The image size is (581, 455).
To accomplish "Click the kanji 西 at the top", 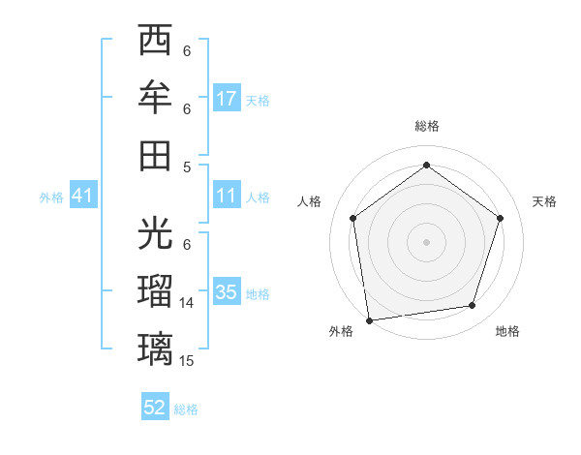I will pyautogui.click(x=155, y=42).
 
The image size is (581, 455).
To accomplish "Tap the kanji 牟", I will pyautogui.click(x=155, y=98).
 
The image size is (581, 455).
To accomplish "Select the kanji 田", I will pyautogui.click(x=155, y=155).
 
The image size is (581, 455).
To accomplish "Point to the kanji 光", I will pyautogui.click(x=155, y=233).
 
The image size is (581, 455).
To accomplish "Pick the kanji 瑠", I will pyautogui.click(x=155, y=291).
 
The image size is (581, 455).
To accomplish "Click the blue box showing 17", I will pyautogui.click(x=227, y=98).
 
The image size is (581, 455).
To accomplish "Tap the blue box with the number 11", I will pyautogui.click(x=227, y=196).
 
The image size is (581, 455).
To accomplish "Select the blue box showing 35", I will pyautogui.click(x=227, y=291).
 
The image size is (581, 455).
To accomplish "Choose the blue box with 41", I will pyautogui.click(x=82, y=196).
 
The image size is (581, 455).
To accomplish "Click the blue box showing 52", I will pyautogui.click(x=155, y=408).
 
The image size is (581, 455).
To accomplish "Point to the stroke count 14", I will pyautogui.click(x=187, y=303).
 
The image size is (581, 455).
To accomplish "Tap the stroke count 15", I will pyautogui.click(x=187, y=360).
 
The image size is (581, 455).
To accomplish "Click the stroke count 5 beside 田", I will pyautogui.click(x=187, y=167).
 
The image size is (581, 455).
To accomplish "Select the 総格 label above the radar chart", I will pyautogui.click(x=426, y=127).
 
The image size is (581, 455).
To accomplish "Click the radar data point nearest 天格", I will pyautogui.click(x=500, y=218).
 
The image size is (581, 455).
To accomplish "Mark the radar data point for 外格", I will pyautogui.click(x=369, y=319).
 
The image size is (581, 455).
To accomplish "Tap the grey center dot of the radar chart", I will pyautogui.click(x=426, y=241).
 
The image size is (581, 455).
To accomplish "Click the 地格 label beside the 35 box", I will pyautogui.click(x=259, y=293).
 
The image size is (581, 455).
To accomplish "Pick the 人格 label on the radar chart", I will pyautogui.click(x=310, y=201).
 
